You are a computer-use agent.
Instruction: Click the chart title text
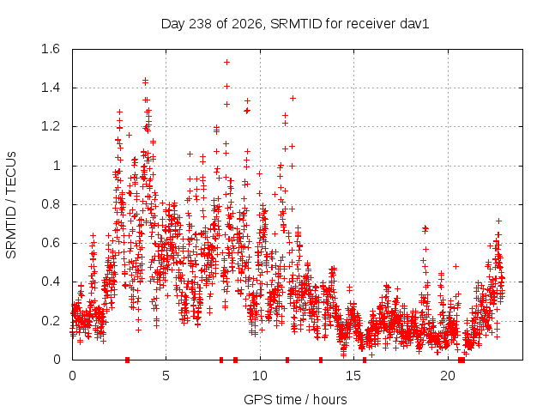pyautogui.click(x=295, y=24)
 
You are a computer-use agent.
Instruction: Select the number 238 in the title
pyautogui.click(x=200, y=24)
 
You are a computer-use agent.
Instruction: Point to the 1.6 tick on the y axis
pyautogui.click(x=51, y=49)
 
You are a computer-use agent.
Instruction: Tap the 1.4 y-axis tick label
pyautogui.click(x=51, y=88)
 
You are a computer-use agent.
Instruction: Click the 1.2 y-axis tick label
pyautogui.click(x=51, y=127)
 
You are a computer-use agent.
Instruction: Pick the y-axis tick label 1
pyautogui.click(x=57, y=166)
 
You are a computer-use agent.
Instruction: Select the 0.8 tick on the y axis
pyautogui.click(x=51, y=204)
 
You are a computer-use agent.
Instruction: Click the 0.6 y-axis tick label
pyautogui.click(x=51, y=243)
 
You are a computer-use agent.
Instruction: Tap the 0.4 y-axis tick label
pyautogui.click(x=51, y=282)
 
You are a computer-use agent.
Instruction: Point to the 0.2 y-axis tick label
pyautogui.click(x=51, y=321)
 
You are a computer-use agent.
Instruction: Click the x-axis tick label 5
pyautogui.click(x=166, y=376)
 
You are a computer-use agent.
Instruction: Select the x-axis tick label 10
pyautogui.click(x=260, y=376)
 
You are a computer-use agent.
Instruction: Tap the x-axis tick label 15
pyautogui.click(x=353, y=376)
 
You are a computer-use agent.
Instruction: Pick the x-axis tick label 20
pyautogui.click(x=448, y=376)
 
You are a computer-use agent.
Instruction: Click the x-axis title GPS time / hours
pyautogui.click(x=295, y=400)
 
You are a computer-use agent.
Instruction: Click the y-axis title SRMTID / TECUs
pyautogui.click(x=11, y=205)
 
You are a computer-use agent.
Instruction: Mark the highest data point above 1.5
pyautogui.click(x=226, y=63)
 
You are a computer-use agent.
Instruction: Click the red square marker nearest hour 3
pyautogui.click(x=128, y=360)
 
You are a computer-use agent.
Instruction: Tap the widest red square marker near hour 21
pyautogui.click(x=462, y=360)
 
